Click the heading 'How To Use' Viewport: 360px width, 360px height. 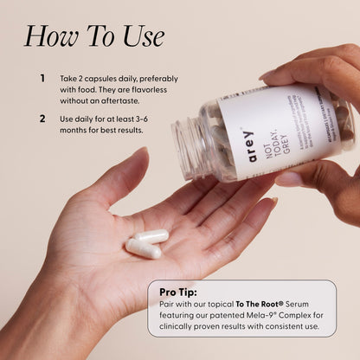pyautogui.click(x=93, y=36)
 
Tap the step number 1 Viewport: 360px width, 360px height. pyautogui.click(x=42, y=78)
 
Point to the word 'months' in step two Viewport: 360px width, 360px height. pyautogui.click(x=78, y=130)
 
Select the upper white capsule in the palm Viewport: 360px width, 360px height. pyautogui.click(x=152, y=236)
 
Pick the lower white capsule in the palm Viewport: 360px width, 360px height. pyautogui.click(x=143, y=249)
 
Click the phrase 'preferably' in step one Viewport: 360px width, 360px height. pyautogui.click(x=163, y=78)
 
